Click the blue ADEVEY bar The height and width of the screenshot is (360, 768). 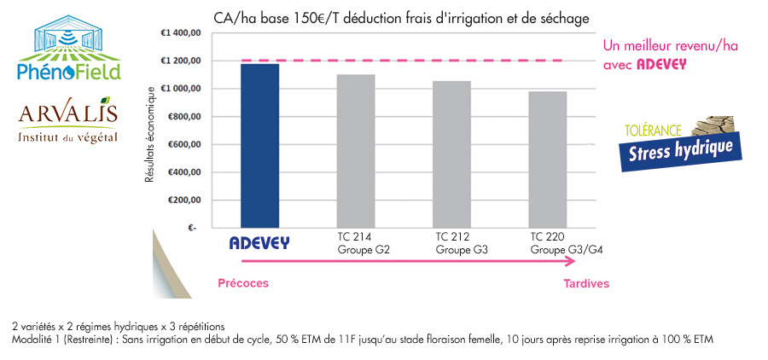259,145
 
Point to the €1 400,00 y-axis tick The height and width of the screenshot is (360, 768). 180,33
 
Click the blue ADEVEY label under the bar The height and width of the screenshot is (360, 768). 259,243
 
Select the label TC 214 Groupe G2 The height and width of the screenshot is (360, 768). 356,242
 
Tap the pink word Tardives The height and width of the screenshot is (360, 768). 586,283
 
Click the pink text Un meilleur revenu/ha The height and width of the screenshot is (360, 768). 670,46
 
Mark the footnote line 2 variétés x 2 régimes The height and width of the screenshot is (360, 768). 119,327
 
